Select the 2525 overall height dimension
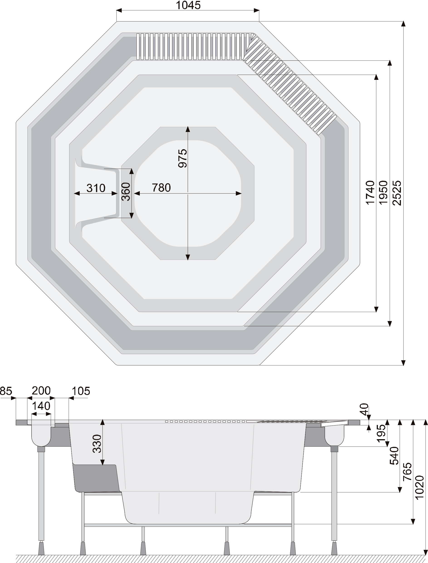click(x=397, y=193)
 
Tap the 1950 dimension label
click(x=383, y=193)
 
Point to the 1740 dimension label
click(x=370, y=193)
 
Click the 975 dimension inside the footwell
click(x=182, y=158)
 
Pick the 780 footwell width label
click(x=161, y=188)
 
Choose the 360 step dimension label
click(x=126, y=192)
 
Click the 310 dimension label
click(x=96, y=188)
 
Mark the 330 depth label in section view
click(x=97, y=444)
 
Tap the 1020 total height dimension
click(x=420, y=487)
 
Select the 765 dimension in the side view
click(x=407, y=472)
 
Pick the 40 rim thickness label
click(x=364, y=409)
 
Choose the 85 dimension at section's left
click(x=6, y=391)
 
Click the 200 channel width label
click(x=41, y=391)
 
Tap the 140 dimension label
click(x=41, y=406)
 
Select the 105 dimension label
click(x=81, y=391)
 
